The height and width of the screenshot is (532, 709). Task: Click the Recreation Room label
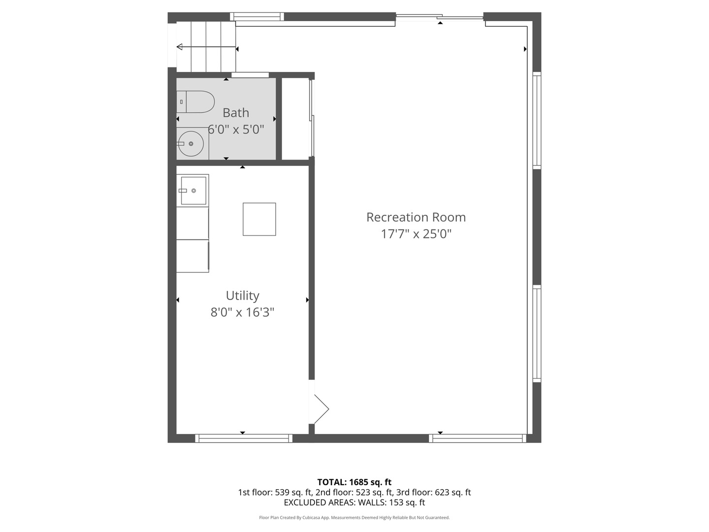pyautogui.click(x=416, y=217)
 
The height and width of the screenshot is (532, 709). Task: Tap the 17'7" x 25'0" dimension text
pyautogui.click(x=416, y=234)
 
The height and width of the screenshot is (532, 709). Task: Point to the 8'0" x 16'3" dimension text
pyautogui.click(x=242, y=312)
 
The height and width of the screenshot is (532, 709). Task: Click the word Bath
pyautogui.click(x=236, y=113)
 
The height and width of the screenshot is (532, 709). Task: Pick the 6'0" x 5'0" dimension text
pyautogui.click(x=236, y=130)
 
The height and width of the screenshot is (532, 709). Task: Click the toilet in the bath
pyautogui.click(x=195, y=102)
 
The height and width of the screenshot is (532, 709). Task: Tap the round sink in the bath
pyautogui.click(x=191, y=144)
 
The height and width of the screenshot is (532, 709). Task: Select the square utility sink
pyautogui.click(x=193, y=191)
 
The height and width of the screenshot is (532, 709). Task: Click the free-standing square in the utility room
pyautogui.click(x=259, y=219)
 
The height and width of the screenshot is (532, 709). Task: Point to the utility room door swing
pyautogui.click(x=322, y=409)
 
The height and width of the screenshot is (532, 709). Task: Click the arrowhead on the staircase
pyautogui.click(x=179, y=47)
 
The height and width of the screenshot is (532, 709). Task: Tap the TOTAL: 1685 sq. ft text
pyautogui.click(x=354, y=482)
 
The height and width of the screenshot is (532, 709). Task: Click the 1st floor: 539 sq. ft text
pyautogui.click(x=275, y=493)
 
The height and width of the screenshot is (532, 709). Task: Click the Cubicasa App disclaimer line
pyautogui.click(x=354, y=518)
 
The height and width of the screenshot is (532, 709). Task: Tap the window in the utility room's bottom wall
pyautogui.click(x=244, y=438)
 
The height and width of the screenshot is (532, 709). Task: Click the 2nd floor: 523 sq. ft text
pyautogui.click(x=354, y=493)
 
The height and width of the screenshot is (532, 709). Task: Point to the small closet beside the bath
pyautogui.click(x=295, y=119)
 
